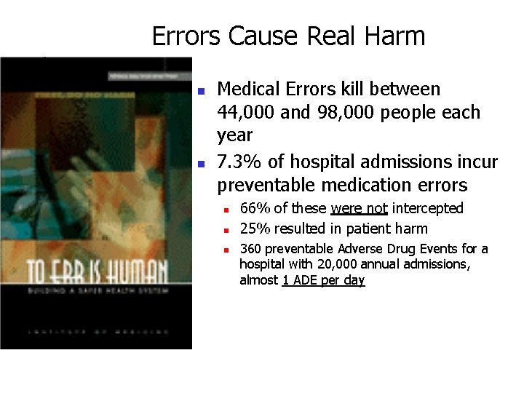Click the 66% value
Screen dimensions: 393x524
click(x=253, y=209)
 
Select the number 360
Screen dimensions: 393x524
click(x=251, y=249)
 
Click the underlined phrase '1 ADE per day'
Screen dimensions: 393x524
click(x=323, y=280)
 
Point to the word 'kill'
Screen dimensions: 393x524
click(x=353, y=90)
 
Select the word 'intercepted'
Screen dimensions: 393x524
click(x=427, y=209)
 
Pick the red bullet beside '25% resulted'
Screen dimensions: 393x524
click(x=226, y=230)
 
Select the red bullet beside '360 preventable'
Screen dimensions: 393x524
click(x=226, y=250)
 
